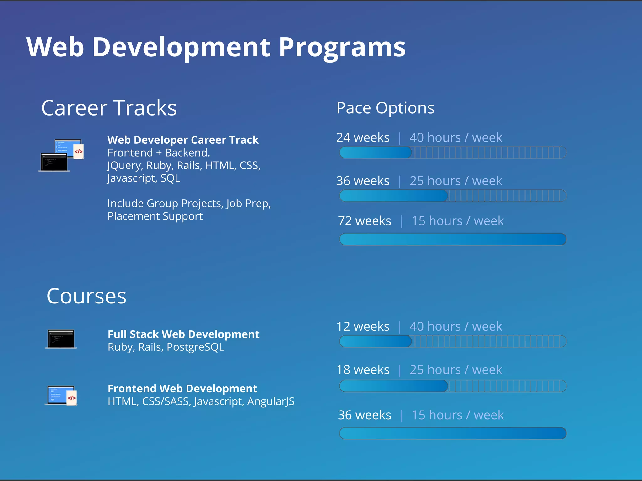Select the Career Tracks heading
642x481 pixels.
pos(109,108)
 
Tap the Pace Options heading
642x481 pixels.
pos(385,108)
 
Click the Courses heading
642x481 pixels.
pos(86,296)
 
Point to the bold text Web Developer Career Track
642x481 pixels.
pos(183,140)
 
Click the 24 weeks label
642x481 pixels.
pos(363,138)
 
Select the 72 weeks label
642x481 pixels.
pos(364,221)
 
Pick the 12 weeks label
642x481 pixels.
pos(363,327)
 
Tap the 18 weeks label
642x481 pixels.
pos(363,370)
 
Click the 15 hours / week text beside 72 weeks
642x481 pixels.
pos(457,221)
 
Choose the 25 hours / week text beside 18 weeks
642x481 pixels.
pos(455,370)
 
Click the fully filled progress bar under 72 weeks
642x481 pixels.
pos(453,239)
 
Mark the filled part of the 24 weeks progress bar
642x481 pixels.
pos(375,153)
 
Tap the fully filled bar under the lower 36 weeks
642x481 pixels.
pos(453,433)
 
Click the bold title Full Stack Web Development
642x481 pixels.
pos(183,334)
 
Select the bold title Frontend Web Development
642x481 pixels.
pos(182,389)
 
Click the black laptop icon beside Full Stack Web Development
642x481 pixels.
pos(61,339)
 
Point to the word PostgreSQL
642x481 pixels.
pos(195,347)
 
